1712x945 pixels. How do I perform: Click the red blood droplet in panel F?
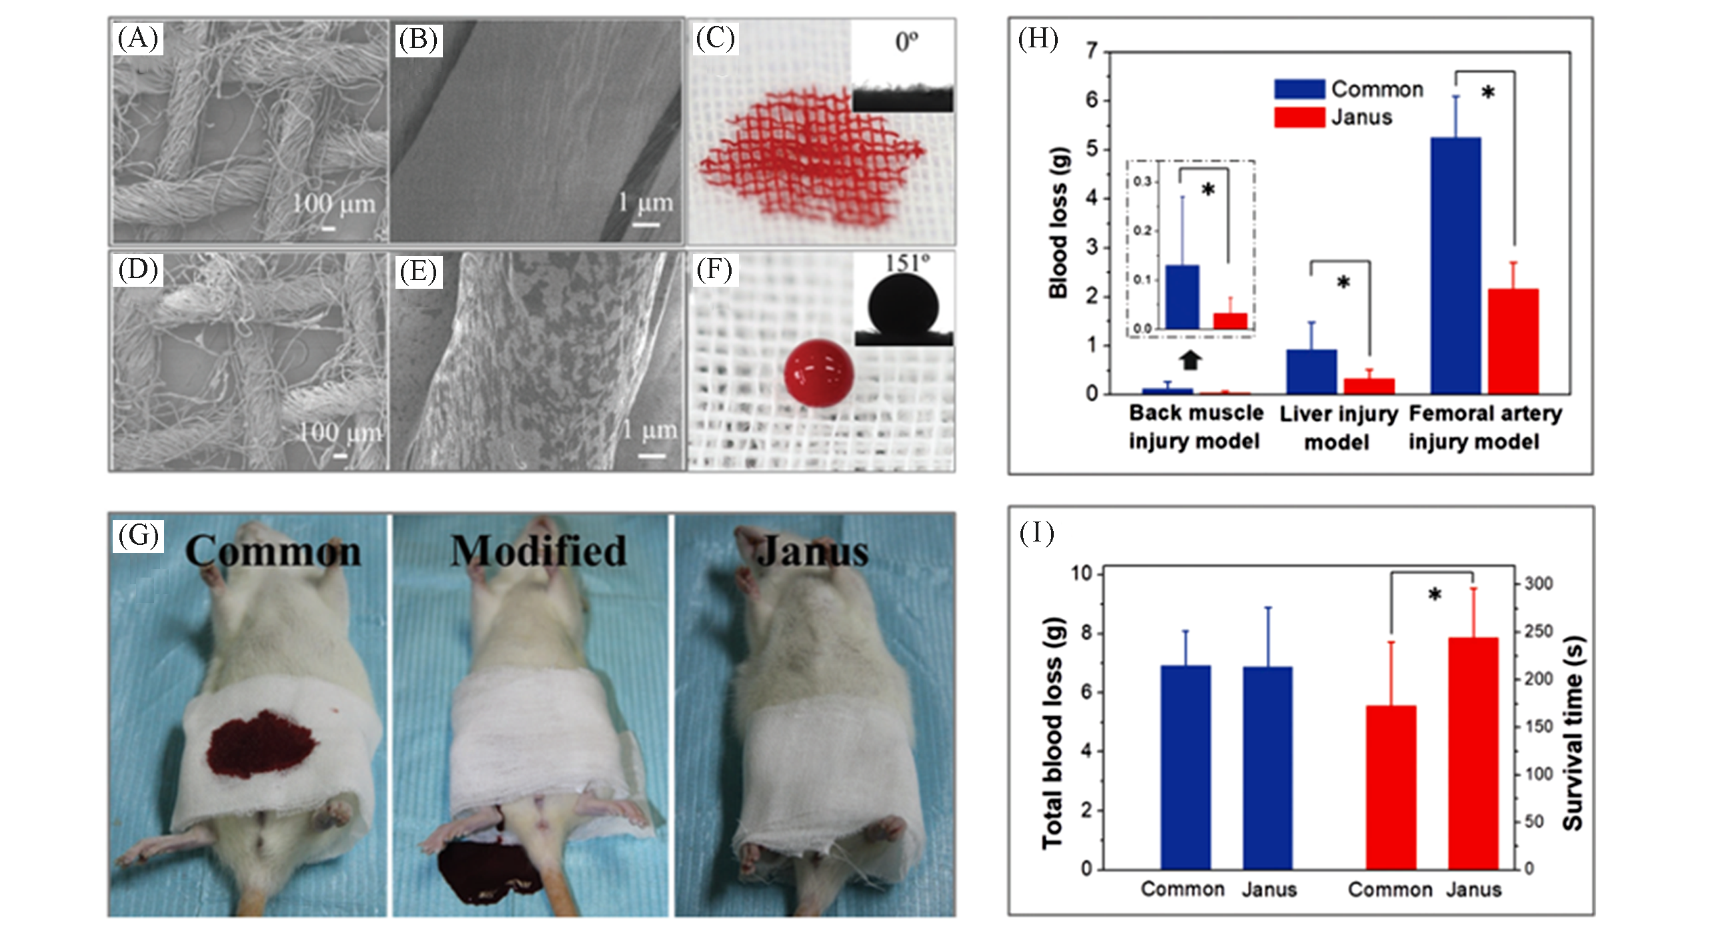point(818,373)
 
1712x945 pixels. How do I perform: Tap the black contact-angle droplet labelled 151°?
point(903,307)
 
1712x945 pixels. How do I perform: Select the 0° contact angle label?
point(906,43)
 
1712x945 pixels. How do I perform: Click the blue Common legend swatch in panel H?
point(1299,89)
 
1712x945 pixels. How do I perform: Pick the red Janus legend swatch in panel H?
point(1299,117)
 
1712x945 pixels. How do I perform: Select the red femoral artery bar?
point(1513,341)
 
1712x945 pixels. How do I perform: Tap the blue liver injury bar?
point(1311,371)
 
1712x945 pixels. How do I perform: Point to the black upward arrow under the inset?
point(1190,361)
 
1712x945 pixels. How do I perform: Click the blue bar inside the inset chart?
point(1182,297)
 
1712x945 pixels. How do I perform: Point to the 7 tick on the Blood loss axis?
point(1091,51)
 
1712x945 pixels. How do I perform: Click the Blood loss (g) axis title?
point(1058,222)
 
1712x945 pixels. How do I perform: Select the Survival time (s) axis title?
point(1573,734)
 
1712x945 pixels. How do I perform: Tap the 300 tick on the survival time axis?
point(1538,584)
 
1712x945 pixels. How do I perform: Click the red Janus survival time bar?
point(1473,754)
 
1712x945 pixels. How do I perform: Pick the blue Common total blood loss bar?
point(1185,767)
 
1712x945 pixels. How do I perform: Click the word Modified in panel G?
point(538,552)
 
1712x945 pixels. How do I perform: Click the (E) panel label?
point(418,271)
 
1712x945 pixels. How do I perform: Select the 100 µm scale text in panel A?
point(333,203)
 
